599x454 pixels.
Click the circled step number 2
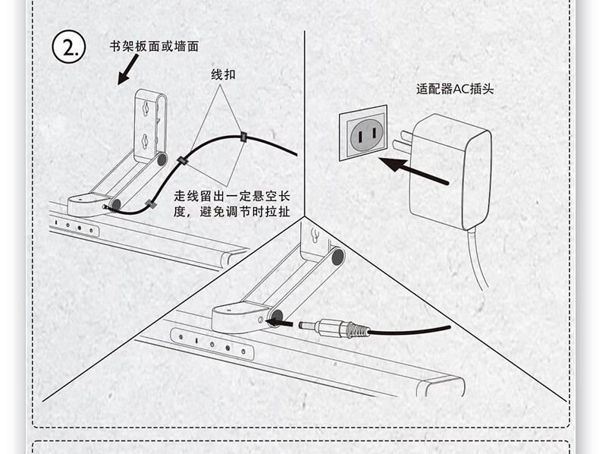click(x=70, y=48)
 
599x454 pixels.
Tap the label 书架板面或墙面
click(x=154, y=46)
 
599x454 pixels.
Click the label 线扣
click(x=223, y=75)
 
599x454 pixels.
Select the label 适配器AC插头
click(x=455, y=89)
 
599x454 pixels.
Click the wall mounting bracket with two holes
click(x=150, y=125)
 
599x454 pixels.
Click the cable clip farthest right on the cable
click(x=243, y=137)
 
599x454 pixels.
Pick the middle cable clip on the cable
click(x=182, y=161)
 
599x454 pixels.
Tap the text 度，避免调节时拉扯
click(x=231, y=212)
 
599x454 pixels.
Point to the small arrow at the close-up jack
click(x=281, y=322)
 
